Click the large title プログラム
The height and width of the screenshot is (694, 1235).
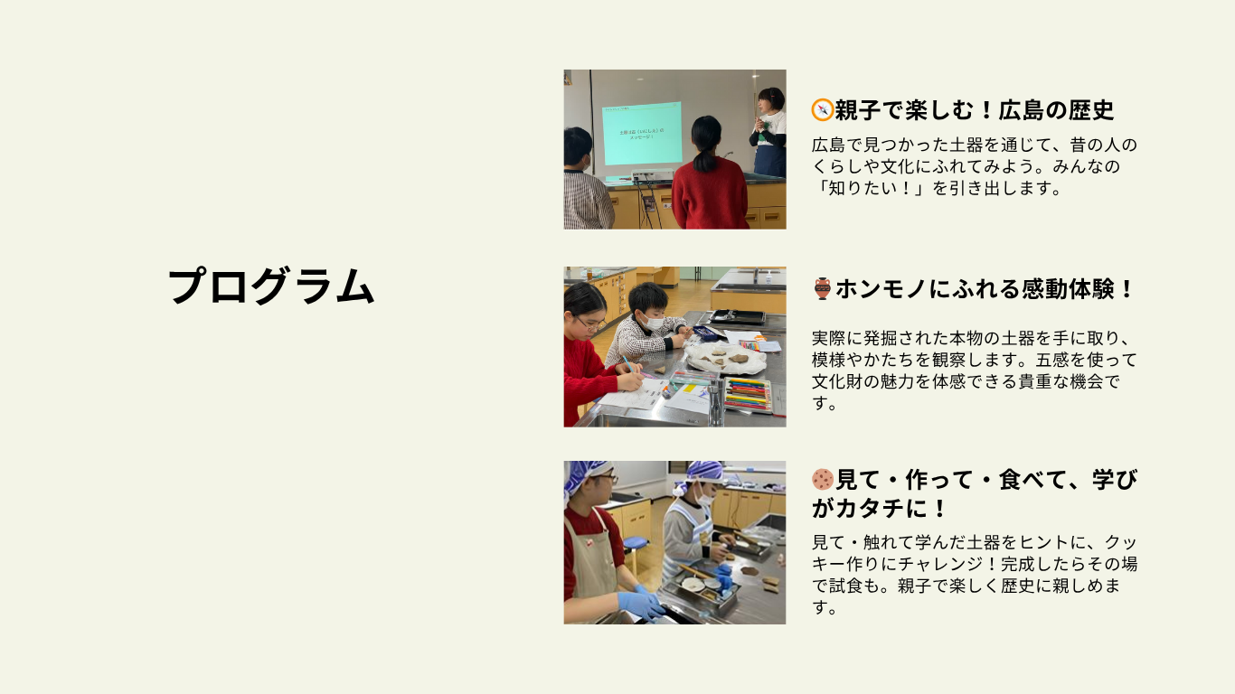click(271, 286)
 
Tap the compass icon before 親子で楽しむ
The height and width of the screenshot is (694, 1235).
click(822, 109)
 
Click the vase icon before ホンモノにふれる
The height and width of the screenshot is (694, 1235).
click(822, 289)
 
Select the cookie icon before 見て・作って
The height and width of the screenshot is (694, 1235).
click(823, 480)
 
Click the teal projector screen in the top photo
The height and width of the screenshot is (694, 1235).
click(642, 133)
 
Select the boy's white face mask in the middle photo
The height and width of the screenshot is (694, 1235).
click(654, 322)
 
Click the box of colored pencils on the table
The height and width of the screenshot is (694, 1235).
click(747, 394)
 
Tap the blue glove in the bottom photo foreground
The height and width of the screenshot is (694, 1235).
click(641, 605)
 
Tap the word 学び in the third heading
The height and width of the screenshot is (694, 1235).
click(1115, 480)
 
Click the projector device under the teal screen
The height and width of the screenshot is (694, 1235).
click(652, 176)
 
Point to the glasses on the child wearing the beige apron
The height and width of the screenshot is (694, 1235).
click(606, 478)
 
